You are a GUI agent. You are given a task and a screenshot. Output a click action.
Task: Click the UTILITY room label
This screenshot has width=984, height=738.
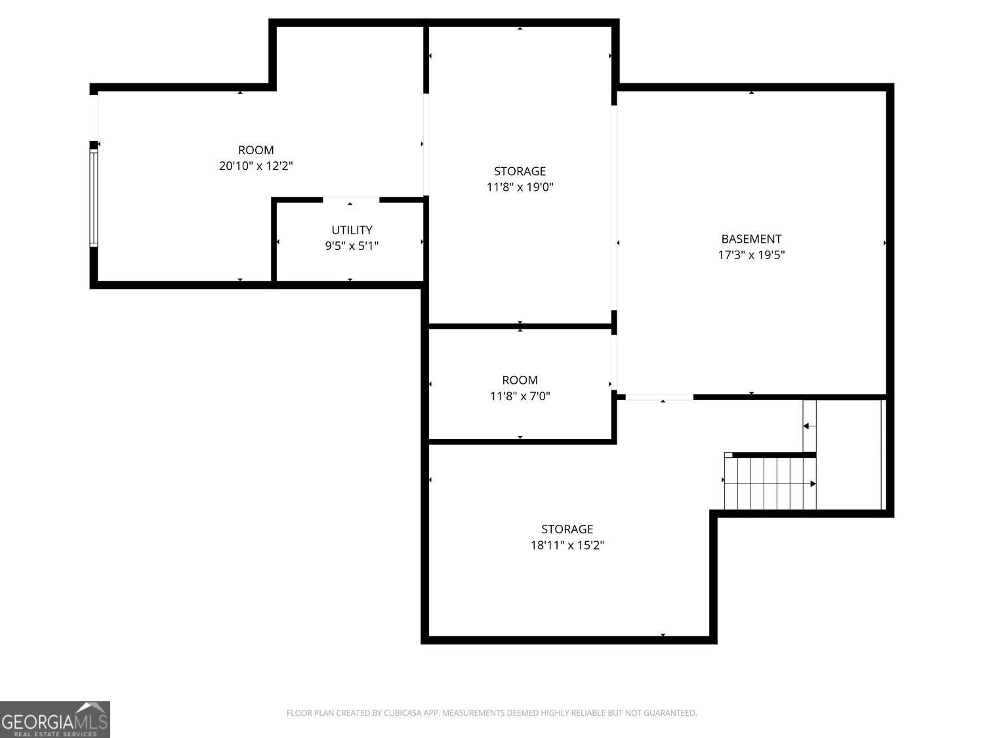tap(352, 230)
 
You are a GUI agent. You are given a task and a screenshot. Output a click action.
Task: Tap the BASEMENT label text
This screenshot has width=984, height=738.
tap(751, 239)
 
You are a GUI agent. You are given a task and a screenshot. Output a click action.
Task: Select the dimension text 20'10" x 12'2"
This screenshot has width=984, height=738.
tap(256, 166)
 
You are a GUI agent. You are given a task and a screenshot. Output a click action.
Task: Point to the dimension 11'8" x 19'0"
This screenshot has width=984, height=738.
tap(520, 187)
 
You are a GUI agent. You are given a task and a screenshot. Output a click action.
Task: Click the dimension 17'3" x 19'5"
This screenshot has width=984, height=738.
tap(751, 255)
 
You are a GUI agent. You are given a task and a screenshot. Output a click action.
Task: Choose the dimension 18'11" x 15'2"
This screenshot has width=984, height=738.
tap(567, 545)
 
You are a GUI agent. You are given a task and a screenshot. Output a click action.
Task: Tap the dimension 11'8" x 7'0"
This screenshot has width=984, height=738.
tap(520, 396)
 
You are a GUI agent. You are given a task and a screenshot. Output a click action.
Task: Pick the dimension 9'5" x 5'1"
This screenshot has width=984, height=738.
tap(352, 247)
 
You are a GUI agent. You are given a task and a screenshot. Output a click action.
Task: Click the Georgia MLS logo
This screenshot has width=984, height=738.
tap(55, 720)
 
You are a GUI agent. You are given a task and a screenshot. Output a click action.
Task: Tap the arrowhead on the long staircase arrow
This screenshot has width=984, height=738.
tap(813, 484)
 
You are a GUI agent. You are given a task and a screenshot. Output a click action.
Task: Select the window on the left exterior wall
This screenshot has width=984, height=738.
tap(94, 197)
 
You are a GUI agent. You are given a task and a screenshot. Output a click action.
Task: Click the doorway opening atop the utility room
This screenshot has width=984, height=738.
tap(351, 199)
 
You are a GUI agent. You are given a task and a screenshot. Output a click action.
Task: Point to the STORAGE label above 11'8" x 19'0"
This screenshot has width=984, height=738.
tap(520, 171)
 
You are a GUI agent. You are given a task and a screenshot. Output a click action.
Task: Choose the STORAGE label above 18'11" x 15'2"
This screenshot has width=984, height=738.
tap(567, 529)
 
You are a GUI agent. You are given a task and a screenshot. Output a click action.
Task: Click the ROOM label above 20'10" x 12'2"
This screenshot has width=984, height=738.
tap(256, 150)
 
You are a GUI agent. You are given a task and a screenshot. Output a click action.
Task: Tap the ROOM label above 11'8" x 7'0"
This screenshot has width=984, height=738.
tap(520, 380)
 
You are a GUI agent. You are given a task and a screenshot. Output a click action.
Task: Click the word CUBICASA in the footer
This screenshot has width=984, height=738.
tap(401, 713)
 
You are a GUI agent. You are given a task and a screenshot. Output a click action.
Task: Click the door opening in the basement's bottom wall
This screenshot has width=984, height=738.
tap(659, 397)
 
